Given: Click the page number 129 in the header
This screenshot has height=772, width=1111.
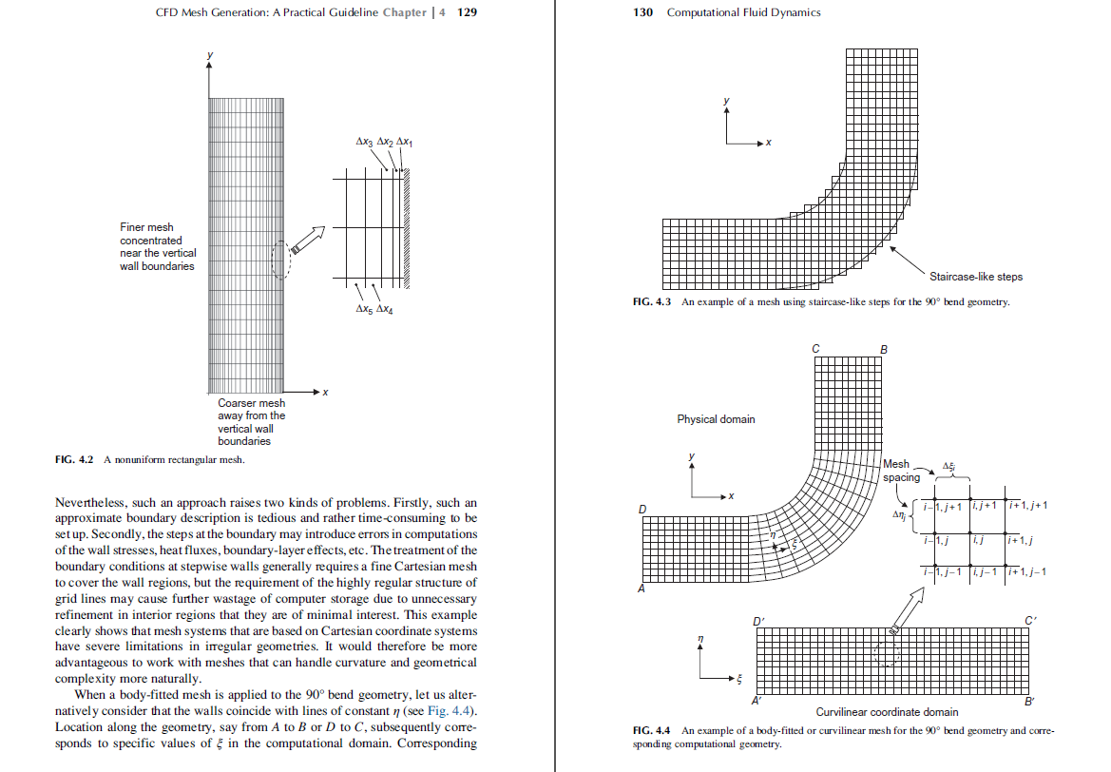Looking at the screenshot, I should pyautogui.click(x=467, y=12).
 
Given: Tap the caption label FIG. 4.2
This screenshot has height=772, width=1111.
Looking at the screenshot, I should pyautogui.click(x=75, y=460).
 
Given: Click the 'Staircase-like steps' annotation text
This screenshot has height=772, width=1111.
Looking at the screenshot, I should pyautogui.click(x=975, y=277).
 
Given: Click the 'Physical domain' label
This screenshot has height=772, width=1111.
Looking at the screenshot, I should pyautogui.click(x=716, y=419).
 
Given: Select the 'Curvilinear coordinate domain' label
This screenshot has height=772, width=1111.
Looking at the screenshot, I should pyautogui.click(x=887, y=712).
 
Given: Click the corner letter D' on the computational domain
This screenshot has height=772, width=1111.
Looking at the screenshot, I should pyautogui.click(x=758, y=622).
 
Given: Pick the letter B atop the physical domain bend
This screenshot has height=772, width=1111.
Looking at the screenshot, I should pyautogui.click(x=885, y=350).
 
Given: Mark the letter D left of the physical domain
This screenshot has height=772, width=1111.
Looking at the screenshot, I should pyautogui.click(x=642, y=510).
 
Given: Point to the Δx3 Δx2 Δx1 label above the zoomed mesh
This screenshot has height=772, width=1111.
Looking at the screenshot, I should pyautogui.click(x=384, y=142).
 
